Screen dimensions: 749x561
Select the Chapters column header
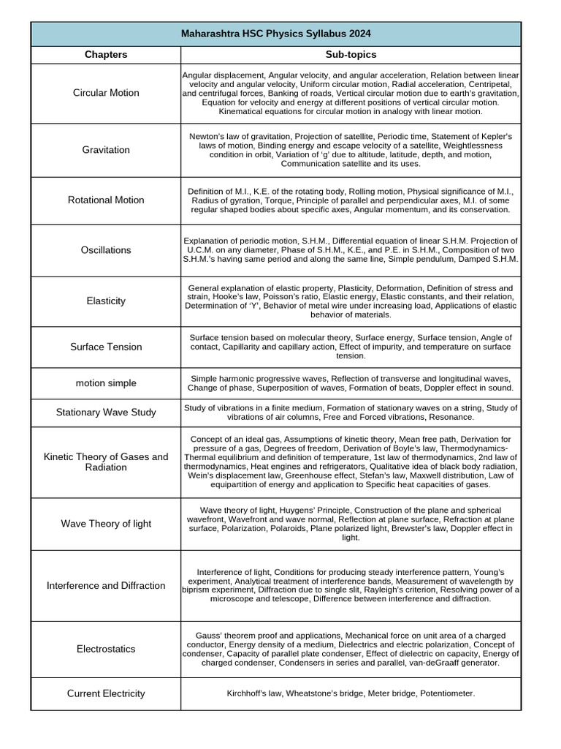[106, 55]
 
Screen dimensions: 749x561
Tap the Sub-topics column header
[351, 55]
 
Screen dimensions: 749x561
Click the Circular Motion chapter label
[106, 93]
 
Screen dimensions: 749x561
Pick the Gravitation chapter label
[106, 150]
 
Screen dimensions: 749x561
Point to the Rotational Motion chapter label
[106, 200]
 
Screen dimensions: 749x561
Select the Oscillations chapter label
[106, 250]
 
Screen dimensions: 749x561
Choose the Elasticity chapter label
[106, 301]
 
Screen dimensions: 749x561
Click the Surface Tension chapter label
[106, 347]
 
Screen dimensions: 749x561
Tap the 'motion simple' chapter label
[106, 383]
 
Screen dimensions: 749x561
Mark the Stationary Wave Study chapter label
[106, 413]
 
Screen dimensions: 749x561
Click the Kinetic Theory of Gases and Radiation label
[106, 462]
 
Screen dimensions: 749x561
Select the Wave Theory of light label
[106, 524]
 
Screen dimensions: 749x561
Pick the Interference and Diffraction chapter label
[106, 586]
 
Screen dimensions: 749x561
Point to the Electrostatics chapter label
[106, 650]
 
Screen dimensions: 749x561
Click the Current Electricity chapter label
[106, 693]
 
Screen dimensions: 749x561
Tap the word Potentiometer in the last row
[445, 693]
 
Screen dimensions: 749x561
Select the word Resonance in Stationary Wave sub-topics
[449, 417]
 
